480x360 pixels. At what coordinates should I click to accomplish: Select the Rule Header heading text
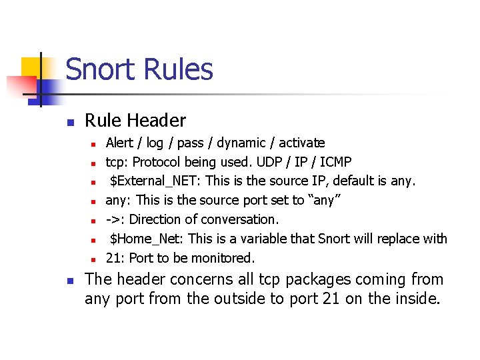tap(135, 121)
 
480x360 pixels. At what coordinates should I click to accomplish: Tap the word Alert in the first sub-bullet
tap(119, 143)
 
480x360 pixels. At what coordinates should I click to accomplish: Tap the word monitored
tap(227, 258)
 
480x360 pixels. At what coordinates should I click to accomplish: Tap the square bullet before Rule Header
tap(69, 122)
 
